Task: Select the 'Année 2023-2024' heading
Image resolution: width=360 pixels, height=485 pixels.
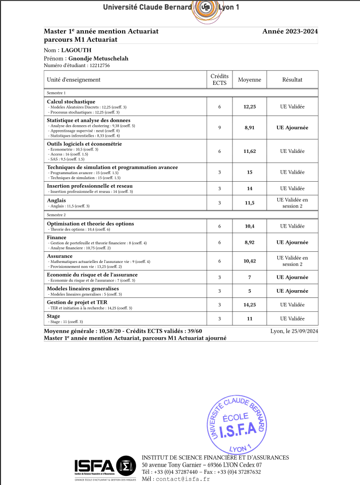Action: [x=290, y=31]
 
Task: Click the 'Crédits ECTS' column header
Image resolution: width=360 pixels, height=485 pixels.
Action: [x=219, y=79]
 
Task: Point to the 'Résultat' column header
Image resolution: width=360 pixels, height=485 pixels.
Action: [x=292, y=80]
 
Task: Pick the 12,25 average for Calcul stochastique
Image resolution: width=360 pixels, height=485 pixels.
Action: [x=250, y=107]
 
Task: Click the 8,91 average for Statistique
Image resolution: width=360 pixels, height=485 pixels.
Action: [x=250, y=128]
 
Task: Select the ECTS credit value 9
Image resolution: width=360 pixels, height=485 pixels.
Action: [x=219, y=128]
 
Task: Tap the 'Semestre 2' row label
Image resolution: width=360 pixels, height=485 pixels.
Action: [x=56, y=214]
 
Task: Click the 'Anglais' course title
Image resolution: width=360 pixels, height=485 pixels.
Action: [x=56, y=200]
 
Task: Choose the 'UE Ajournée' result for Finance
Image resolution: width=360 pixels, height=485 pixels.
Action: [x=292, y=243]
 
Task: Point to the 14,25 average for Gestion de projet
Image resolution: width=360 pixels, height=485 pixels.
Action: [x=250, y=305]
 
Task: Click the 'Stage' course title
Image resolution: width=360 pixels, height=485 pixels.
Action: [x=53, y=316]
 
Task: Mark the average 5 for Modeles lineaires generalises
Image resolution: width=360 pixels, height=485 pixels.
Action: [x=250, y=291]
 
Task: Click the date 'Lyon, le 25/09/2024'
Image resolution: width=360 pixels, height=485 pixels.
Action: [x=294, y=331]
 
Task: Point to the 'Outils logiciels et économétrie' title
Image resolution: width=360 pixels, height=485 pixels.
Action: [x=84, y=144]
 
